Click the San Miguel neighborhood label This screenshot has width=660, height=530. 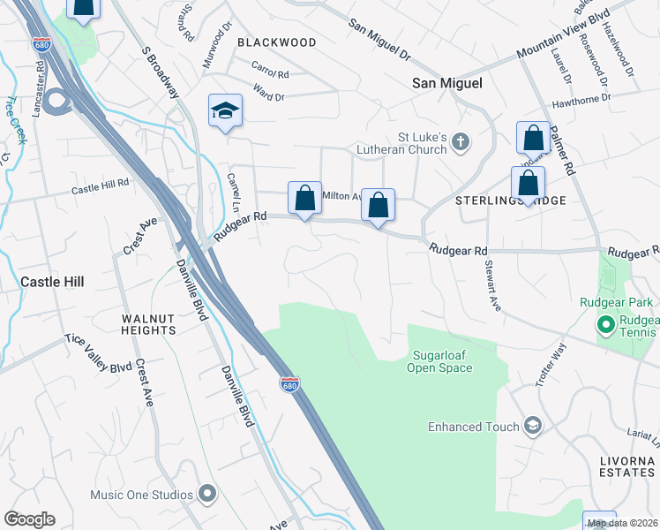tap(447, 82)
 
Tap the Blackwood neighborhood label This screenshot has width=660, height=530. tap(276, 42)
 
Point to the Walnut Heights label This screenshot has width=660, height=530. tap(149, 323)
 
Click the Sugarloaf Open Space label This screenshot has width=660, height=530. tap(439, 362)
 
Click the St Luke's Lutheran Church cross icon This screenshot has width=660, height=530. tap(461, 142)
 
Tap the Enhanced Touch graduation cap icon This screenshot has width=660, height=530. tap(532, 427)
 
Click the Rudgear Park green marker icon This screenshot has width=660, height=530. tap(606, 325)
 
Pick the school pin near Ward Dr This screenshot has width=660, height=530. tap(225, 111)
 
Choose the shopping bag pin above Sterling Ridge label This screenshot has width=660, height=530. tap(528, 184)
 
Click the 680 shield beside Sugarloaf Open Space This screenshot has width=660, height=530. tap(289, 384)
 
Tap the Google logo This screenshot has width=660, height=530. tap(29, 519)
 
